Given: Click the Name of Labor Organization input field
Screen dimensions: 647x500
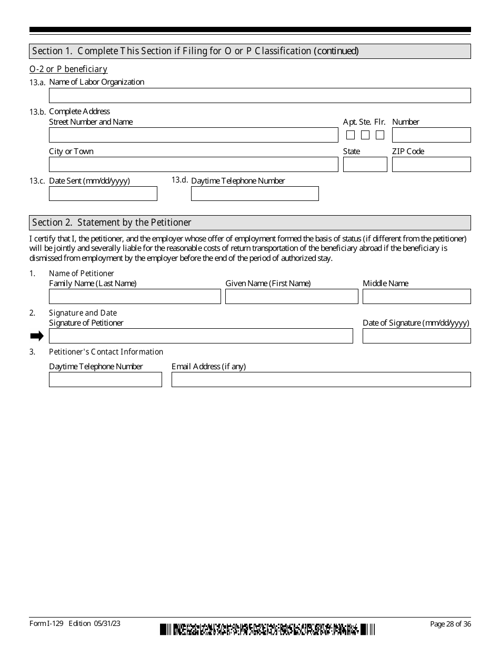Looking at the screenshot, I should coord(259,95).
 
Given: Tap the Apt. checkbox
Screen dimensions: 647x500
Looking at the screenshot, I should coord(351,135).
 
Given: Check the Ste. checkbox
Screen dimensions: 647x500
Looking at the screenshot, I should coord(365,135).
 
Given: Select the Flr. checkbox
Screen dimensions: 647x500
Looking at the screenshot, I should coord(380,135).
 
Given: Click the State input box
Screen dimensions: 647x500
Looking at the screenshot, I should coord(365,165).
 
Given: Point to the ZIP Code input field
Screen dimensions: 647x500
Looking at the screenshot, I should coord(431,165).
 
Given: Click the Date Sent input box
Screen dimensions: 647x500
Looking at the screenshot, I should coord(103,194).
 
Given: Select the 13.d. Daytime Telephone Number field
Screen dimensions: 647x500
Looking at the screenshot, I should coord(255,194).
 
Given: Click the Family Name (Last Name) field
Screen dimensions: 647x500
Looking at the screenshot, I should coord(135,297).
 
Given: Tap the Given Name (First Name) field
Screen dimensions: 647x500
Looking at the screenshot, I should coord(292,297).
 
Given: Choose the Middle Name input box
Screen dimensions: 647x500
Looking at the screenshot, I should coord(416,297).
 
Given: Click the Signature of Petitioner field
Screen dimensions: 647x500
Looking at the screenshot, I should coord(201,336).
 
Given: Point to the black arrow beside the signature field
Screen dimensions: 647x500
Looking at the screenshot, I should coord(37,336).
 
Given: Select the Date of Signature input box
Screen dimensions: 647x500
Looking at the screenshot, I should coord(416,336).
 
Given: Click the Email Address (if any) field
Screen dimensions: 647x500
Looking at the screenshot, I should coord(321,380).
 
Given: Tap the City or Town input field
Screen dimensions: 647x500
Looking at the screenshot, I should coord(193,165).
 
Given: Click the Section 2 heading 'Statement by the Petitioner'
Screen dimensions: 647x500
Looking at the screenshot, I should coord(112,223).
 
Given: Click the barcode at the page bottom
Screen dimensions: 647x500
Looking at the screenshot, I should coord(267,629).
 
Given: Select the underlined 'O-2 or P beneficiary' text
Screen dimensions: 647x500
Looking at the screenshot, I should coord(68,69).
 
